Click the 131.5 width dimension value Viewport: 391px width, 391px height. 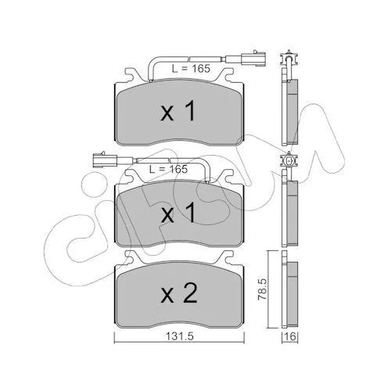[179, 337]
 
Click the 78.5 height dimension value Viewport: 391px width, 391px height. [263, 289]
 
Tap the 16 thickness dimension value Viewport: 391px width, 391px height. [290, 337]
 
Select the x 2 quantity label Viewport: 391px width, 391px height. [179, 293]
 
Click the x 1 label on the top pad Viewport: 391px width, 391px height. [178, 112]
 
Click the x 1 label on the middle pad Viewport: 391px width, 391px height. [178, 213]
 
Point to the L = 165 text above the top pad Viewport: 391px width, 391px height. [191, 69]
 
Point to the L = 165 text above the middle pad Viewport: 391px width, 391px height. [168, 169]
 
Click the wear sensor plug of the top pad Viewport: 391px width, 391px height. [253, 59]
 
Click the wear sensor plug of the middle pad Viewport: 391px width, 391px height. [105, 160]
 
